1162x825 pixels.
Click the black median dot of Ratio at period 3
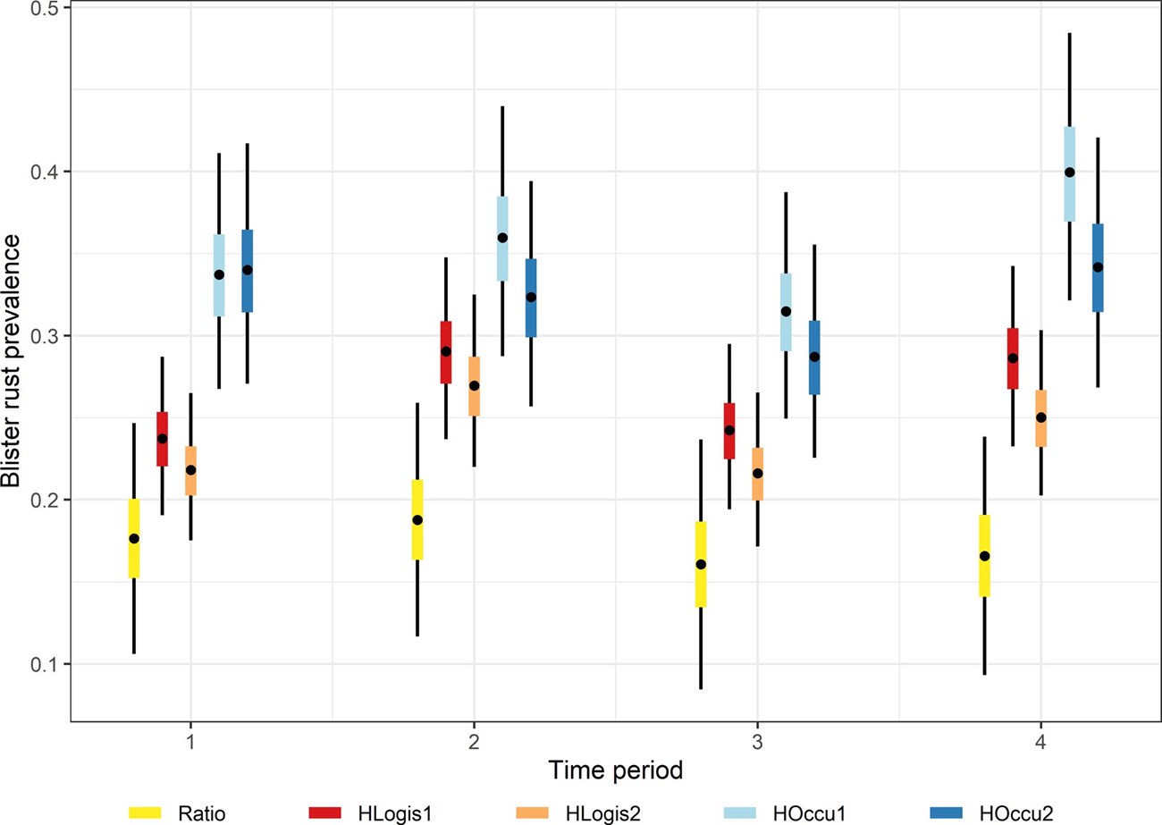coord(701,564)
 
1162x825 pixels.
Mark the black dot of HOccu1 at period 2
coord(502,238)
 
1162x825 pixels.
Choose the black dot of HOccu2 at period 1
coord(248,269)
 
